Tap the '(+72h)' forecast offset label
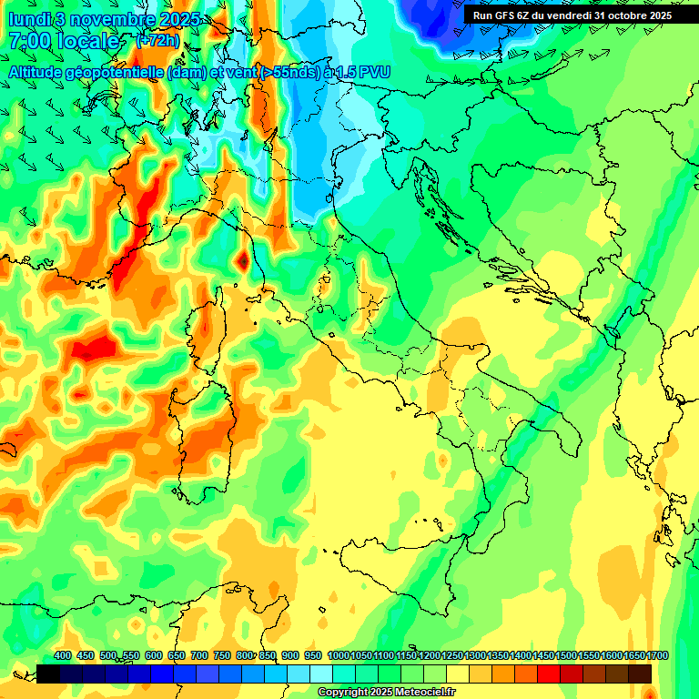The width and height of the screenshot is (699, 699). click(157, 41)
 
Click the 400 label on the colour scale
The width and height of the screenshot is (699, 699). click(63, 655)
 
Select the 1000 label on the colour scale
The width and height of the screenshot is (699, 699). click(339, 655)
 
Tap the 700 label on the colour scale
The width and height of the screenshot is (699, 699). click(199, 655)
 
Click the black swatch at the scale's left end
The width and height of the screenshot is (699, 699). click(48, 674)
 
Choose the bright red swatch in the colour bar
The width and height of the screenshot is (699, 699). click(549, 674)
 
